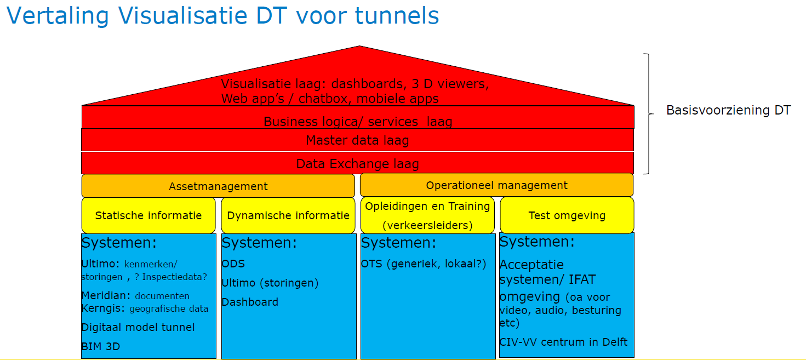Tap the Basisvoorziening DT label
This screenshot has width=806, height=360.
728,111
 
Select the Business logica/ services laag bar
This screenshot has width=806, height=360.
358,121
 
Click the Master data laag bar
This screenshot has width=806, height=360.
357,140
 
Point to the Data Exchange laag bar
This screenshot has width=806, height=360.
357,163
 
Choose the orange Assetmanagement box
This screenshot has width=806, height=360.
218,186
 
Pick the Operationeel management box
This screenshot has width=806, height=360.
496,185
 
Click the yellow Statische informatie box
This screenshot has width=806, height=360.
148,215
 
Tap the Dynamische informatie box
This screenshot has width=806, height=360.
288,215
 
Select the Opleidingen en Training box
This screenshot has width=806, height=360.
427,215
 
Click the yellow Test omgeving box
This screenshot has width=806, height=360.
567,215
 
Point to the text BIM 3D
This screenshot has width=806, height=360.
101,346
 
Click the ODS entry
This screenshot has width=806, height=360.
233,264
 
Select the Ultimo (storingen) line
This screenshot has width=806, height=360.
270,283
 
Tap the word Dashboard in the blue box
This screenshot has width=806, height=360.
250,302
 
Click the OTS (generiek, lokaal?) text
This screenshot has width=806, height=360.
424,264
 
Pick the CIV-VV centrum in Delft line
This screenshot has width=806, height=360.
563,342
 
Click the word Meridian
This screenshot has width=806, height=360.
105,296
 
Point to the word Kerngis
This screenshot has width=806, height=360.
103,308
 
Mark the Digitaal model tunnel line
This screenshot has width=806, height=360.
138,327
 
